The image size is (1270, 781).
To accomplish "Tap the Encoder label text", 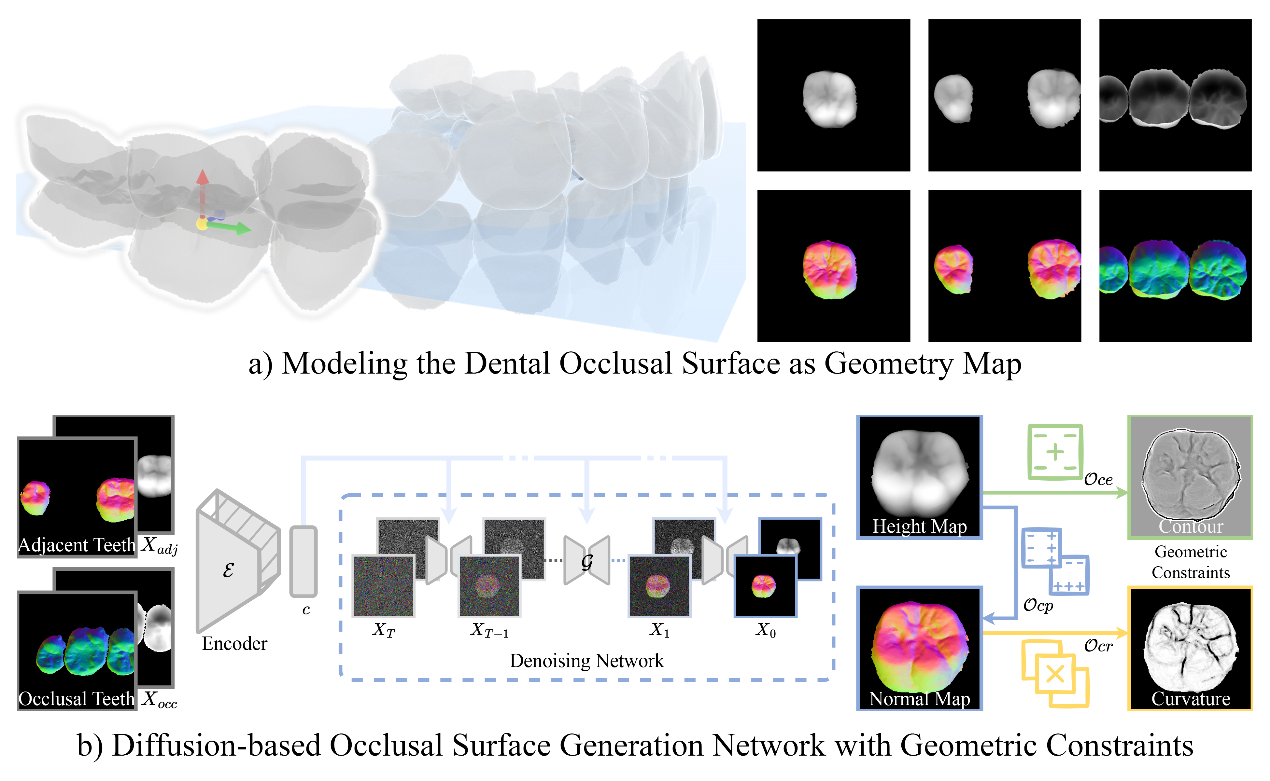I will [234, 644].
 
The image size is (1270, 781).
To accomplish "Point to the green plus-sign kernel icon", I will [1054, 452].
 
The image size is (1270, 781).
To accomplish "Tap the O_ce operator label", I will [1098, 479].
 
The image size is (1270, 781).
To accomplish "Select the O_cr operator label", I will [1098, 646].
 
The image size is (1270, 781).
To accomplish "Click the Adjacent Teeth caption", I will [77, 545].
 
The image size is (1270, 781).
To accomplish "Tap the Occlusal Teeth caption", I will [77, 698].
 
